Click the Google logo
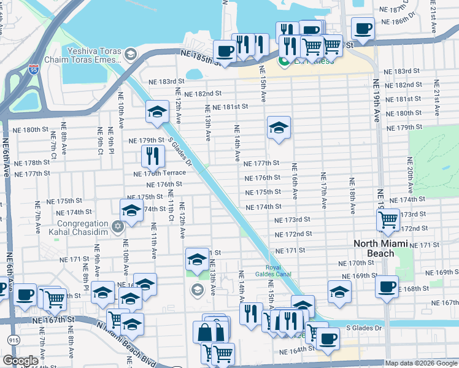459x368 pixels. (20, 361)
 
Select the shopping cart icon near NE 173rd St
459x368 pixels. (388, 220)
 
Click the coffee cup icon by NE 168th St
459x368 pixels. (387, 287)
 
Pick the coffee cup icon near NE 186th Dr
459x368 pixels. (362, 28)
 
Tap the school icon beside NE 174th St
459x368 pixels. (131, 210)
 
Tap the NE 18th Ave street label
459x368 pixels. (352, 196)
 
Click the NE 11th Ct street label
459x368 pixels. (170, 208)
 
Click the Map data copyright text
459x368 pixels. (420, 363)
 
